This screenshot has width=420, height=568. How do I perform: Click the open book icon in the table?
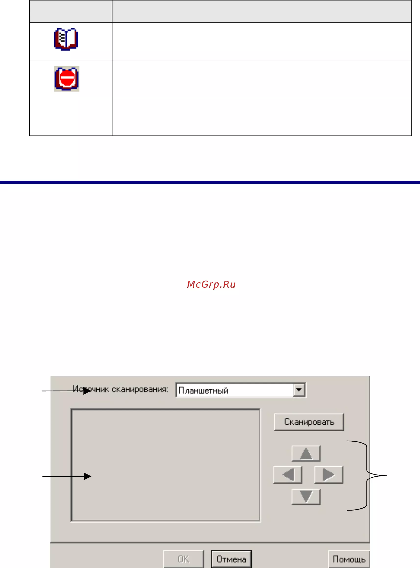66,39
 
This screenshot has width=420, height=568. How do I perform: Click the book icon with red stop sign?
67,79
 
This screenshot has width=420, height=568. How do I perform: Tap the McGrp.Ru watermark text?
211,284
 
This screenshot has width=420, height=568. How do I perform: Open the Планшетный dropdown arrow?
299,390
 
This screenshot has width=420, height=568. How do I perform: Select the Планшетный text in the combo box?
203,390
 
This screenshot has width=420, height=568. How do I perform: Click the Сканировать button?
309,422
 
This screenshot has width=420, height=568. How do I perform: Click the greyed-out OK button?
184,559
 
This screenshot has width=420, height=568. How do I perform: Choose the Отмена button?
231,559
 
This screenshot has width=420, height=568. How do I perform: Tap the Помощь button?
349,559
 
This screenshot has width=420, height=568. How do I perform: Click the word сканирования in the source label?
140,389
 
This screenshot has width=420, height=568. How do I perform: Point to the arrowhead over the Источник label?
87,391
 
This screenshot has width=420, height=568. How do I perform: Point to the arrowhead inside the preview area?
88,476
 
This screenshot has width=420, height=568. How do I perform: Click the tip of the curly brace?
386,475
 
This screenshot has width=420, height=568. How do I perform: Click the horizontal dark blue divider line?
210,182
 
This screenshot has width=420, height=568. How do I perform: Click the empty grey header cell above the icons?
71,11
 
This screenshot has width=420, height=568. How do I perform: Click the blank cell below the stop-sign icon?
71,117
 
